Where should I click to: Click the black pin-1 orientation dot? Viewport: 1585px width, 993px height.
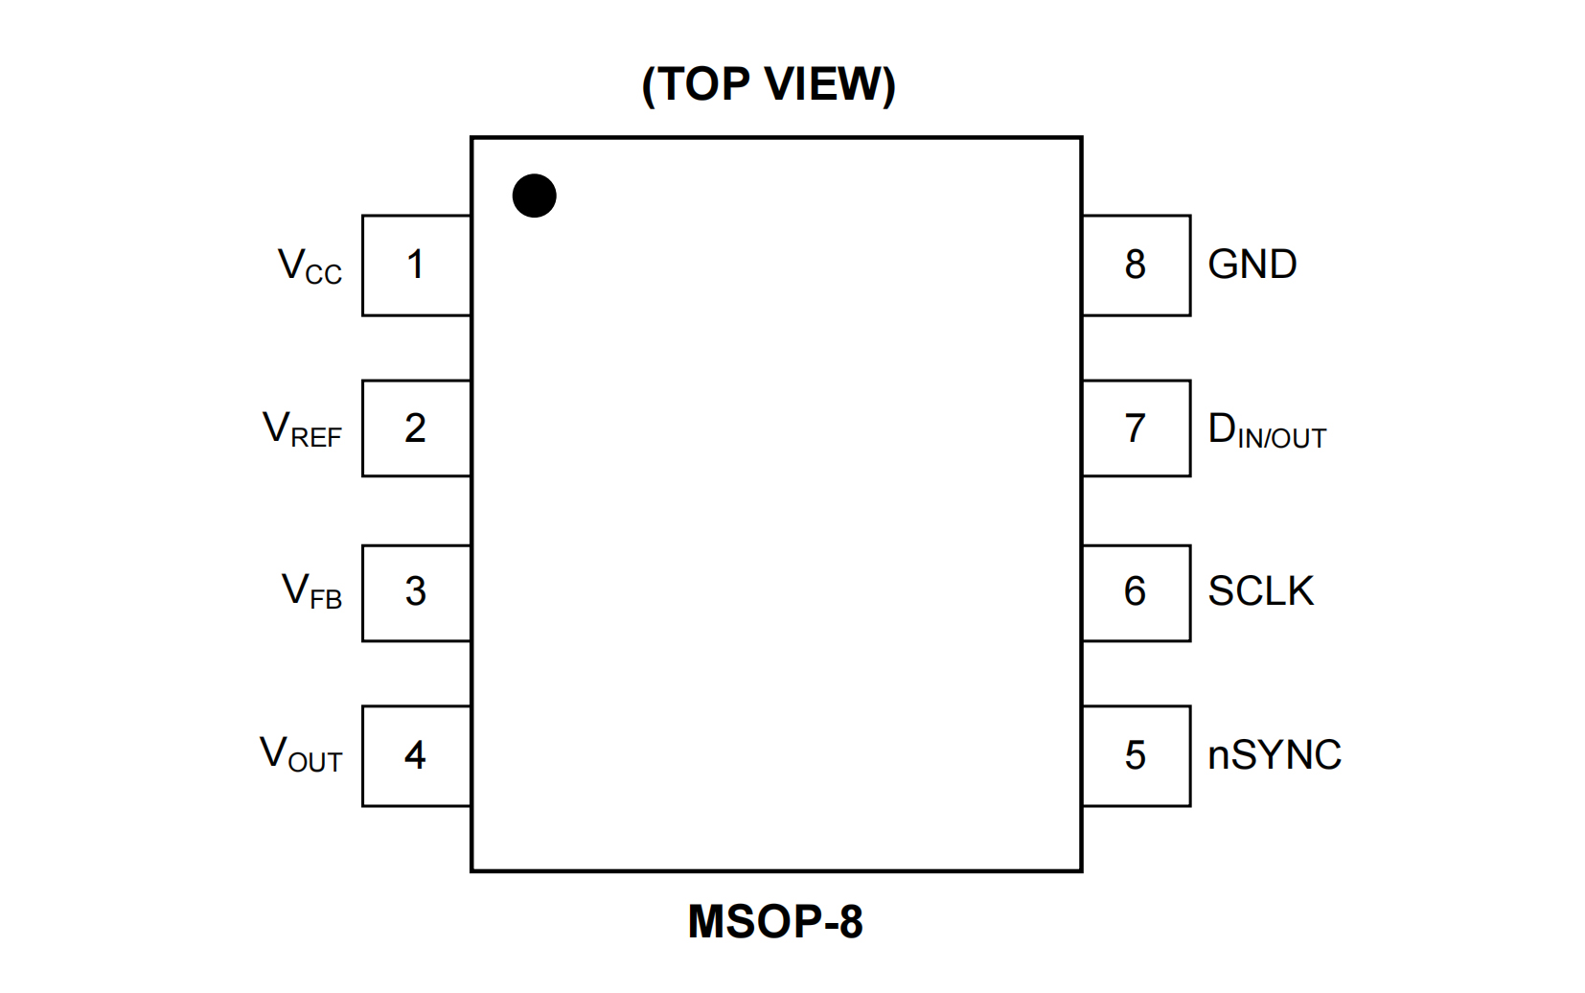(x=534, y=196)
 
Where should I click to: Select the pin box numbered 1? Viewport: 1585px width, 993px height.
(x=416, y=266)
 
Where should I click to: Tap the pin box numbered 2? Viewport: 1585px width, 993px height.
(x=416, y=428)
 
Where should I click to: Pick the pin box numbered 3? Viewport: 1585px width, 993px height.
(x=416, y=592)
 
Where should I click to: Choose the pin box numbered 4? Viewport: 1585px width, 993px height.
(x=416, y=755)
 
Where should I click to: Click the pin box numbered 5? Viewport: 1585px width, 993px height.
(x=1136, y=755)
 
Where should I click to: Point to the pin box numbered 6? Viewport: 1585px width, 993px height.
(x=1136, y=592)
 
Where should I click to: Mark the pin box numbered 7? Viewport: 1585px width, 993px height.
(x=1136, y=428)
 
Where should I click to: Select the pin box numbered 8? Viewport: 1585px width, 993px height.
(x=1136, y=266)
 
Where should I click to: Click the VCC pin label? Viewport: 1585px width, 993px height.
(x=310, y=266)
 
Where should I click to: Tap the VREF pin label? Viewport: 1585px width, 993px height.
(x=302, y=429)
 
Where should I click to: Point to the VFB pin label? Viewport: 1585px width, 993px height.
(x=311, y=591)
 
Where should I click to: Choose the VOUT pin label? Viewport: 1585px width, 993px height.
(x=301, y=754)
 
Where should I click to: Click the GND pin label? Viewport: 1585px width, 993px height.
(x=1252, y=265)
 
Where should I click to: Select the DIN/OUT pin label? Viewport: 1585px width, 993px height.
(x=1267, y=430)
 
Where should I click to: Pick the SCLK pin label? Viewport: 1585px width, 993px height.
(x=1260, y=591)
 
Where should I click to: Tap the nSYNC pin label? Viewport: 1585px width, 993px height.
(x=1274, y=755)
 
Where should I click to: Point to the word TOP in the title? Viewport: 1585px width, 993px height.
(x=703, y=84)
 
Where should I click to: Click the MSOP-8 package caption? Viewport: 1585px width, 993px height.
(x=775, y=922)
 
